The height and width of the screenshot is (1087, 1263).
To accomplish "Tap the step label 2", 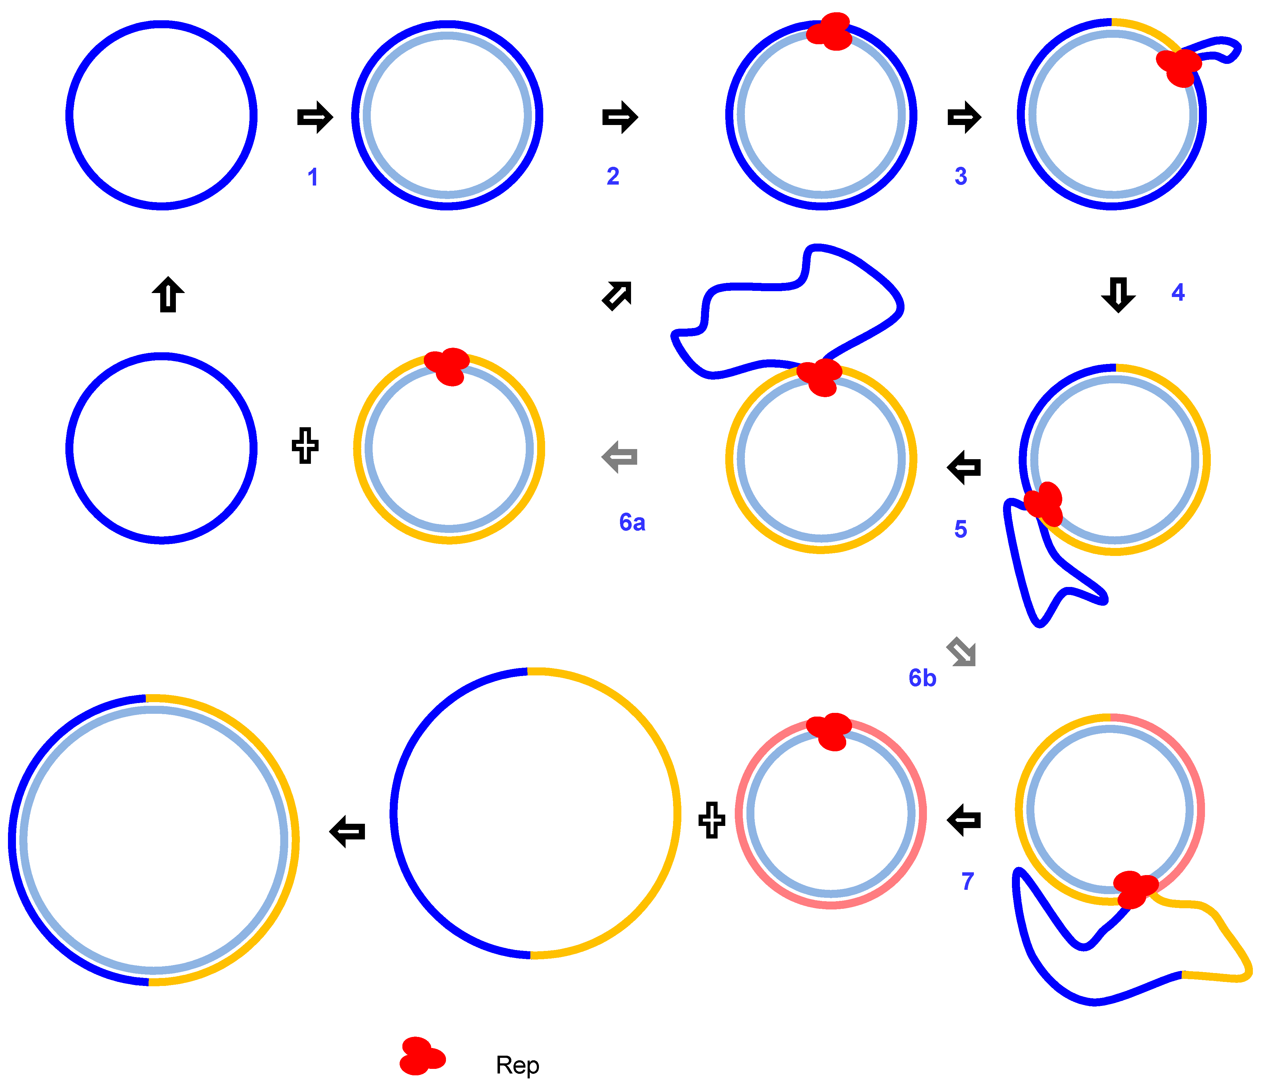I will [613, 176].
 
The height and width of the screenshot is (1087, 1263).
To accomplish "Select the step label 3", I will [961, 176].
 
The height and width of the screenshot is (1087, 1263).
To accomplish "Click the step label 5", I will [961, 529].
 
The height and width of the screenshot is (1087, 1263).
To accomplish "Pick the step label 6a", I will [632, 522].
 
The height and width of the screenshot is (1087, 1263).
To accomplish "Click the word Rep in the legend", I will [517, 1065].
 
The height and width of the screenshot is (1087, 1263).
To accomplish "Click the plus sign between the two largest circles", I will [711, 820].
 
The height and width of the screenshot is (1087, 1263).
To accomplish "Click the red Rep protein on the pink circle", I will [829, 731].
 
